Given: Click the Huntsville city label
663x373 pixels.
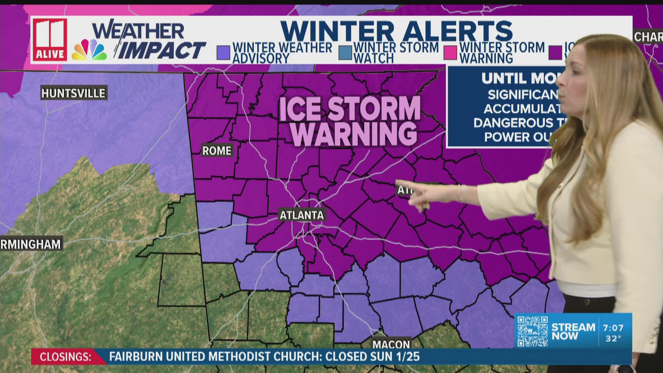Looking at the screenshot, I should click(73, 93).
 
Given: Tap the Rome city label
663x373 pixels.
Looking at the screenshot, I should click(217, 151).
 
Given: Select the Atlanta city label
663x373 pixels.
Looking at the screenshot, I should click(301, 215).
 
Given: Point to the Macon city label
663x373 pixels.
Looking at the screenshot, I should click(391, 344).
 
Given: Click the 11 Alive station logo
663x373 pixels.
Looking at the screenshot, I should click(50, 40).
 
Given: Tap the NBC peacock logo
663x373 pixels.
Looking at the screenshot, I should click(89, 50).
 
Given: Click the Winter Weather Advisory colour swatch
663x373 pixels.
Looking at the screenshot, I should click(223, 53).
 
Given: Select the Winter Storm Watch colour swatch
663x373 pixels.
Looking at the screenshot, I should click(345, 53).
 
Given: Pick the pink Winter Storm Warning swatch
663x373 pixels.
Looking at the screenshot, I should click(450, 53).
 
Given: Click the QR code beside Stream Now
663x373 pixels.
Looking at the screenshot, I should click(532, 331).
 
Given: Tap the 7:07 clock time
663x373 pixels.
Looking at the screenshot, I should click(613, 328).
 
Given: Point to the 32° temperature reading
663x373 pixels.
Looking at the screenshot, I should click(613, 338).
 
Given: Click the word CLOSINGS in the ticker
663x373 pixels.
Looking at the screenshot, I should click(65, 357).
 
